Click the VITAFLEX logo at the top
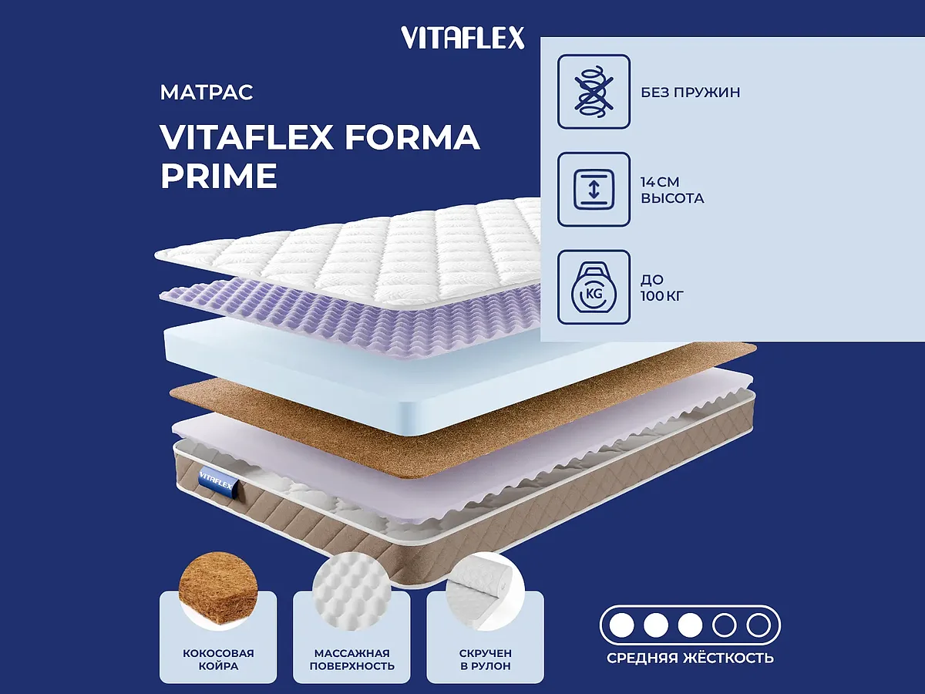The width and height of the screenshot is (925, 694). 462,38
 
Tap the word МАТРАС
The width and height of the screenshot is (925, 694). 207,93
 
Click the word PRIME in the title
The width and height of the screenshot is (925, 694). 218,176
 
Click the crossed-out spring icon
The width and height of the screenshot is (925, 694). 594,91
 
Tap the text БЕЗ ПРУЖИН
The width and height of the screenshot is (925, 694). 690,93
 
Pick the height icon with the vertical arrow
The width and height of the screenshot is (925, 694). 594,190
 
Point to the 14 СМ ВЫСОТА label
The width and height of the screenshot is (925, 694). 671,190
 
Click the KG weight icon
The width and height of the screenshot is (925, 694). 594,287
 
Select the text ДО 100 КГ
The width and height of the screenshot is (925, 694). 662,287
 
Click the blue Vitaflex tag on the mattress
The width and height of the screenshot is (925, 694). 217,477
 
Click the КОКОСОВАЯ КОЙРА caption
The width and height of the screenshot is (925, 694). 218,659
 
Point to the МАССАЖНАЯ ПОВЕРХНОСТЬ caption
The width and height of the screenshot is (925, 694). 351,659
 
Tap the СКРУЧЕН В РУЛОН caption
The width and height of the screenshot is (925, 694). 485,659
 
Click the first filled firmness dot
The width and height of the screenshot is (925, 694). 621,624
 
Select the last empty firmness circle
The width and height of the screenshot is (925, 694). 758,624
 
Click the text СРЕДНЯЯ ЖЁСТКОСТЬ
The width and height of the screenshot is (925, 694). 690,658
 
